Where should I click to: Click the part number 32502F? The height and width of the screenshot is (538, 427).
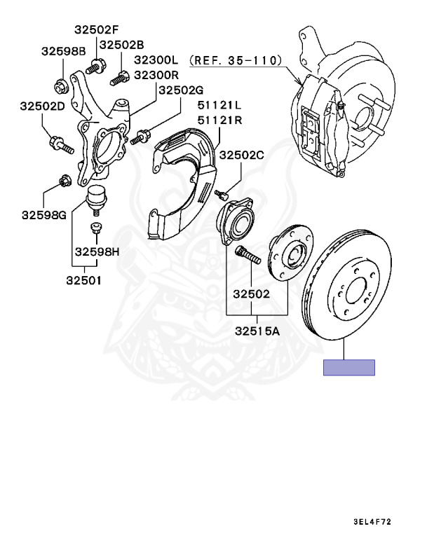click(97, 30)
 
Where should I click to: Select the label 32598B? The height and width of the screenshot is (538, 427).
click(63, 51)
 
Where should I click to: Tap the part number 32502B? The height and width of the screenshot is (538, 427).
click(121, 44)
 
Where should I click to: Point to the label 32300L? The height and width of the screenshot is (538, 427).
click(157, 61)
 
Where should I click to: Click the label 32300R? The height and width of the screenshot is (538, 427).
click(157, 75)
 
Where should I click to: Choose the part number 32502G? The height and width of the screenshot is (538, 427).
click(181, 90)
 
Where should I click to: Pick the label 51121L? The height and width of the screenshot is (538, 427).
click(219, 106)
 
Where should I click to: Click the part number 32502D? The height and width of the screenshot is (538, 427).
click(42, 106)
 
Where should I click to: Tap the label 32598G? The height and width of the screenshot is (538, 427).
click(43, 214)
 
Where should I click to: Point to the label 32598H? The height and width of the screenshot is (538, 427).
click(97, 251)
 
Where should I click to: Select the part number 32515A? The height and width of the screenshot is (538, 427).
click(257, 330)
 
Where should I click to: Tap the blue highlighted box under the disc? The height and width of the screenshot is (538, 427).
click(348, 367)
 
